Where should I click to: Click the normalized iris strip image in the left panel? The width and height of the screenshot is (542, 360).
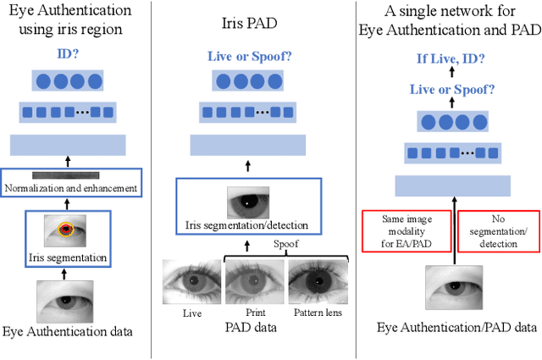(x=71, y=174)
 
